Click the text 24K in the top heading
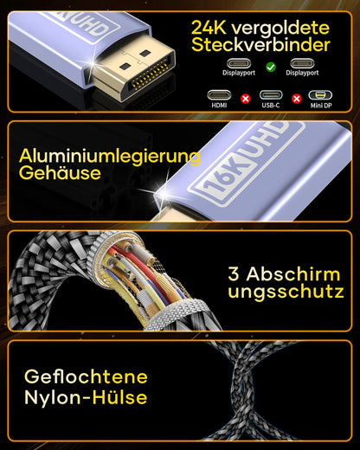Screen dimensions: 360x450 point(209,28)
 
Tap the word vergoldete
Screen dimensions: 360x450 point(280,28)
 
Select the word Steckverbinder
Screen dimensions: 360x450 point(260,45)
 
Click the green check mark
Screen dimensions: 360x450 point(271,67)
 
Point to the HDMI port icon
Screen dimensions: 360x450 point(219,95)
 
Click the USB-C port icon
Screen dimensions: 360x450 point(271,95)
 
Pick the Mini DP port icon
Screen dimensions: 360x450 point(320,95)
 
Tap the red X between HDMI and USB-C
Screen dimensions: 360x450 point(246,99)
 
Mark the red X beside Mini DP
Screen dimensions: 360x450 point(296,99)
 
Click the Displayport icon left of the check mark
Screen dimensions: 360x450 point(239,63)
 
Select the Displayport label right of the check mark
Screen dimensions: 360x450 point(302,73)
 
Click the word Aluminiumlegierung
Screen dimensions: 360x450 point(110,157)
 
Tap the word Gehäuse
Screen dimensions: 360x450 point(60,173)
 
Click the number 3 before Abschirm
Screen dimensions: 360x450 point(234,273)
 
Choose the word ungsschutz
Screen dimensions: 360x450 point(286,292)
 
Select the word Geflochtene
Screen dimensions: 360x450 point(86,376)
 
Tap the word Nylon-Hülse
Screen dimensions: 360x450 point(86,397)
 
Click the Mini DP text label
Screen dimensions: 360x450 point(321,106)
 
